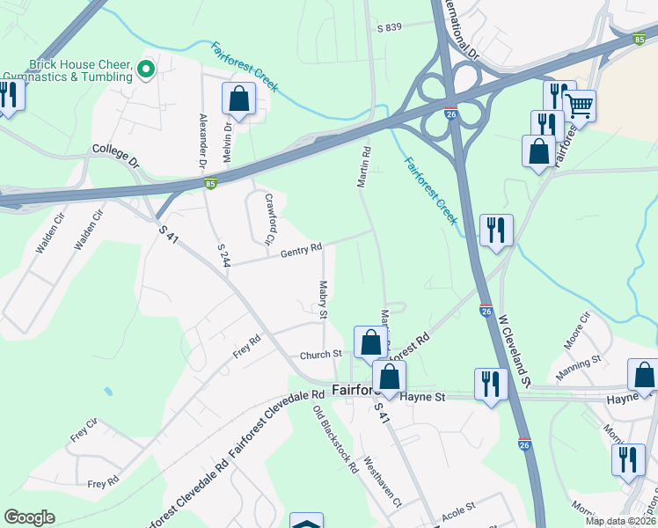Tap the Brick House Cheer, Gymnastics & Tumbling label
tap(81, 71)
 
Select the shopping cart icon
tap(579, 107)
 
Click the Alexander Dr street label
tap(202, 140)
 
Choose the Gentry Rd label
tap(302, 253)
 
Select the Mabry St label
tap(323, 300)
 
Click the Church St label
tap(320, 354)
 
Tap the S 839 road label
tap(389, 27)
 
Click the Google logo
tap(29, 517)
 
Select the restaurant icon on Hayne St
tap(490, 384)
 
